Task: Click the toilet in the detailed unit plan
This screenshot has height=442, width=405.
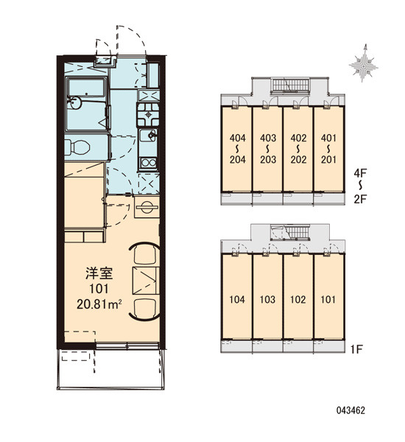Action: click(77, 147)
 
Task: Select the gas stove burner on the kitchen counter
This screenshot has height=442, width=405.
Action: click(148, 114)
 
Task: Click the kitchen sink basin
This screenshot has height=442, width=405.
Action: click(148, 136)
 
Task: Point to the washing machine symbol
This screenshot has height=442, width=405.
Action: click(147, 207)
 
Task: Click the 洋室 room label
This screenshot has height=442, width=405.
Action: click(99, 273)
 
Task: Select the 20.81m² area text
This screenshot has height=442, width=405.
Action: click(99, 304)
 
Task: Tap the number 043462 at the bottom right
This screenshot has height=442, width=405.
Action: click(351, 410)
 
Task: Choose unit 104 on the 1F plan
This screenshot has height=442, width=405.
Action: click(237, 299)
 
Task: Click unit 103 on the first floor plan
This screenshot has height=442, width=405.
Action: click(267, 299)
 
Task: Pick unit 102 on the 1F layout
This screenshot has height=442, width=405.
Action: click(298, 299)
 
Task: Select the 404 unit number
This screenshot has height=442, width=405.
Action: click(237, 138)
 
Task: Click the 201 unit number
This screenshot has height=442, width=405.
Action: click(328, 160)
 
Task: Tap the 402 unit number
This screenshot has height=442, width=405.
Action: click(298, 138)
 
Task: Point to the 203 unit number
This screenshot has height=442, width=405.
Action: click(268, 160)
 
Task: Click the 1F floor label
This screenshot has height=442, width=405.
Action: click(356, 349)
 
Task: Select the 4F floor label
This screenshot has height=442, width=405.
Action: click(360, 173)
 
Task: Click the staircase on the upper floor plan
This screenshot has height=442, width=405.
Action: click(290, 85)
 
